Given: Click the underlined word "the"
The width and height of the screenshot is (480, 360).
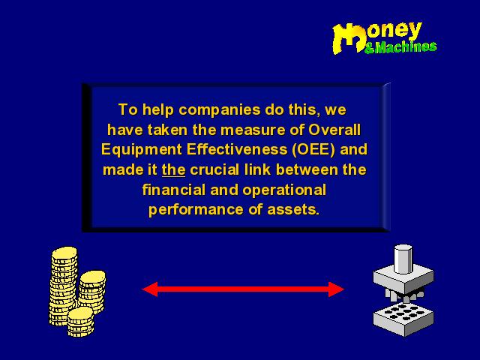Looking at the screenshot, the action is (173, 170).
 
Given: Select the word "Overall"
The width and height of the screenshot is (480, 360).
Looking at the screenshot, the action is (334, 130).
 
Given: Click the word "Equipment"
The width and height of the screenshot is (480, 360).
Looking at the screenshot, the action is (142, 150).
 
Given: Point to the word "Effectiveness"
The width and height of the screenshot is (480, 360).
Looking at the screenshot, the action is (237, 149).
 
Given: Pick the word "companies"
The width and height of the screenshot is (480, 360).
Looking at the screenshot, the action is (219, 110).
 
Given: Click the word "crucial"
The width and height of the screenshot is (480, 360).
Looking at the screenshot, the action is (214, 170).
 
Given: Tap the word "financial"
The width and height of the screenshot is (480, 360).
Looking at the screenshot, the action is (174, 190).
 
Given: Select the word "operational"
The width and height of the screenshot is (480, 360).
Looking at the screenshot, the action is (284, 190).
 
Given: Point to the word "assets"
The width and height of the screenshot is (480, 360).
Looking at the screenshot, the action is (293, 210).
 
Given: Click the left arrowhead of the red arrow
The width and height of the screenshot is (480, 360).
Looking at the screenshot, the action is (150, 289).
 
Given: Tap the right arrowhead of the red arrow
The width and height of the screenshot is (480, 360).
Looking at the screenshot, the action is (336, 289).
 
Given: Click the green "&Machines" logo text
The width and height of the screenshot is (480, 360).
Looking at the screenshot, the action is (400, 47).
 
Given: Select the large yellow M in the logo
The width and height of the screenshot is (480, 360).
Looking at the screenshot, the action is (349, 39).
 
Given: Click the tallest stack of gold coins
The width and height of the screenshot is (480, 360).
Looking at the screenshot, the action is (64, 285).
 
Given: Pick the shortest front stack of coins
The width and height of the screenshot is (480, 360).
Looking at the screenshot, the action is (80, 322).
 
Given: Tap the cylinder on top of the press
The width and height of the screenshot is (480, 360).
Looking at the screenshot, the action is (403, 259).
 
